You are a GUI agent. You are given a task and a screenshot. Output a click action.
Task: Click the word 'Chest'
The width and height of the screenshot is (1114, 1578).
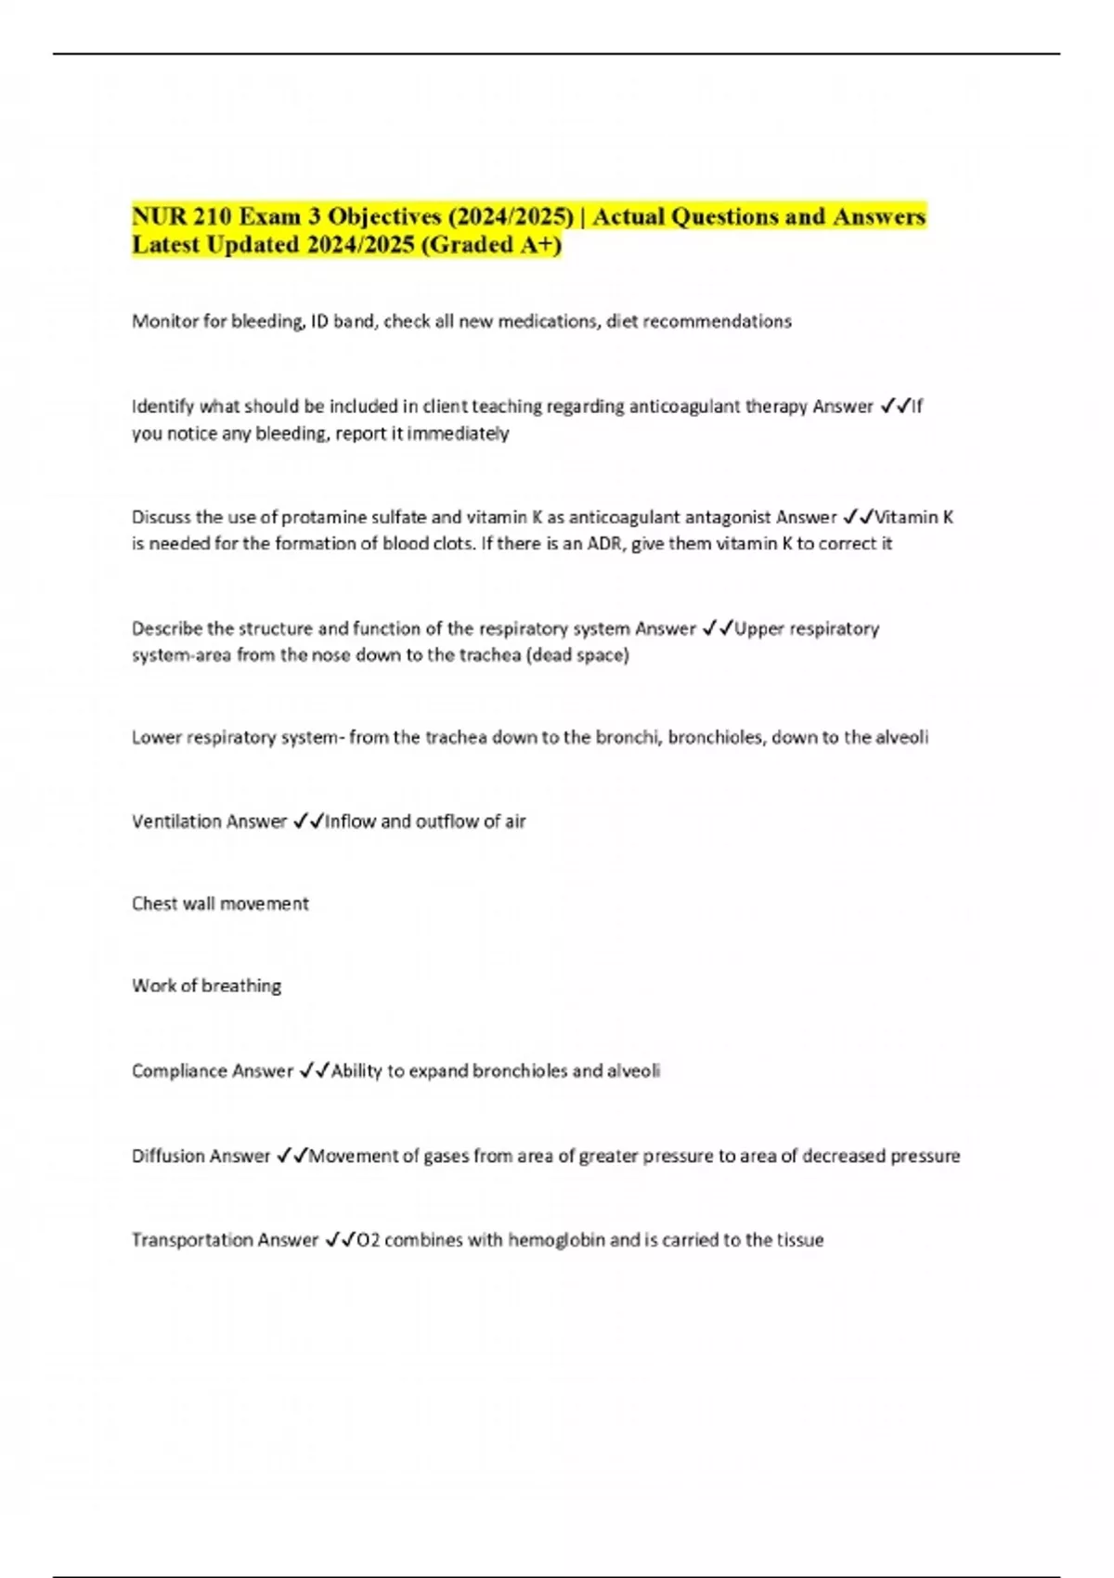click(154, 904)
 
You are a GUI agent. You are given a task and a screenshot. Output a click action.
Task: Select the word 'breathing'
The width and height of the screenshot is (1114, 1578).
click(241, 986)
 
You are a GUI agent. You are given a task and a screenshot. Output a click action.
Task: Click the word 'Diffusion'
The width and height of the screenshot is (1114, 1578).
click(168, 1157)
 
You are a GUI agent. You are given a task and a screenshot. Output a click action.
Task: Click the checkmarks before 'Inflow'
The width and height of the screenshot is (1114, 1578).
click(307, 821)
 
